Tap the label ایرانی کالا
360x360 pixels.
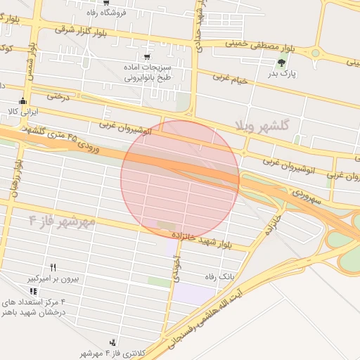point(21,111)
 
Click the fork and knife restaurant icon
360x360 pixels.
point(53,268)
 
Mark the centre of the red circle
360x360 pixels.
point(180,179)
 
